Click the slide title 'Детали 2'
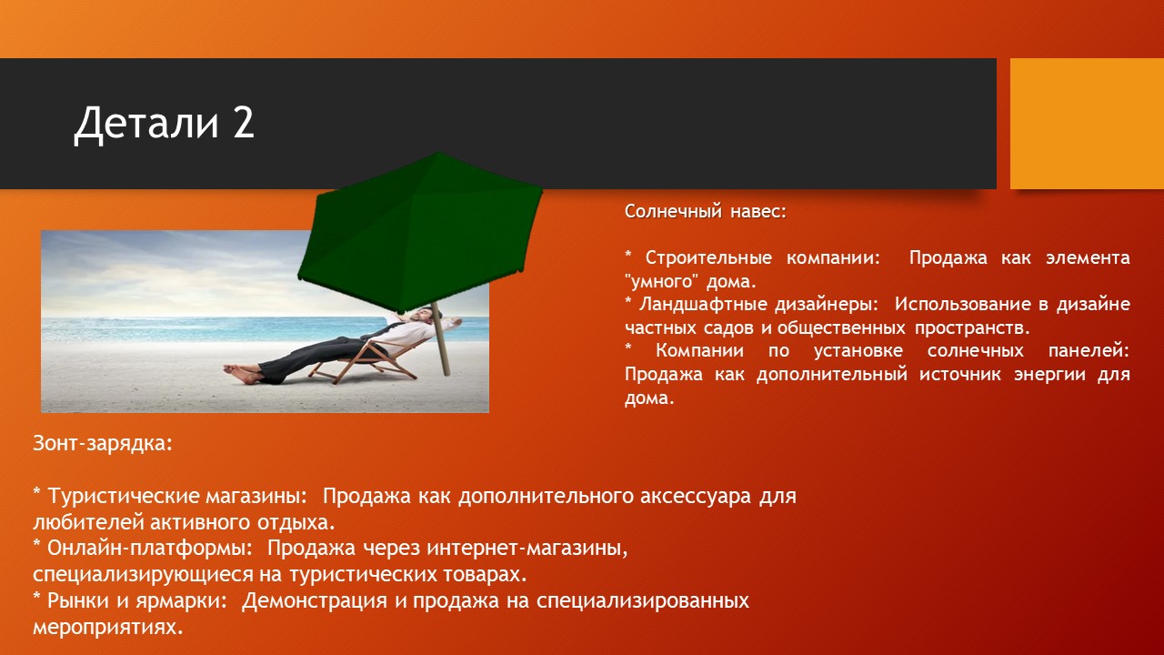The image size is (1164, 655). (165, 124)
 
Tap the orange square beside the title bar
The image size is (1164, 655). (1087, 124)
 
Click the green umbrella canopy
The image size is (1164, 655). (420, 227)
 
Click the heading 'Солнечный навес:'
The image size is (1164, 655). (706, 212)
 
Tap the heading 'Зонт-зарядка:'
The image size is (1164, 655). (103, 443)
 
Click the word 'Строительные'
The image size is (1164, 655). (708, 257)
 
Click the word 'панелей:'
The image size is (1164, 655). (1089, 351)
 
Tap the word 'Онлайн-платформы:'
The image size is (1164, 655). (150, 549)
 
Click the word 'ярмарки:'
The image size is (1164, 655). (182, 601)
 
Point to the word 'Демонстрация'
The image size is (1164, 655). (315, 601)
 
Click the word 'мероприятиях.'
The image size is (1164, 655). (108, 628)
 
